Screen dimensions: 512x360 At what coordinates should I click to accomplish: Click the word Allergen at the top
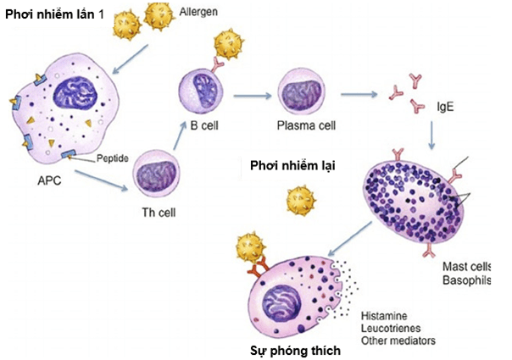pos(198,12)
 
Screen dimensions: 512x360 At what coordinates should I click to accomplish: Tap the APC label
pos(49,180)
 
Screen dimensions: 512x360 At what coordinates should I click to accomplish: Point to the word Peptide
pos(113,158)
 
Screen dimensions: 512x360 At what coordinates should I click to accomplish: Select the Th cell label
pos(159,213)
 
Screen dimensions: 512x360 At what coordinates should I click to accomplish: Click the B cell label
pos(204,125)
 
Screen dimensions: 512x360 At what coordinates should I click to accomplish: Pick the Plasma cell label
pos(306,125)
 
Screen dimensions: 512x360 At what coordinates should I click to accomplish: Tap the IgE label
pos(445,107)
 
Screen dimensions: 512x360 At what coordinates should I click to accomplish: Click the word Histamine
pos(384,316)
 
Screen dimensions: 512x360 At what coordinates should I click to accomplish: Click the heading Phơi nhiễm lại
pos(292,166)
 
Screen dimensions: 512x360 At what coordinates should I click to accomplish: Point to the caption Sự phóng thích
pos(295,351)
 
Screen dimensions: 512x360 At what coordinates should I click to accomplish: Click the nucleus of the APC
pos(75,92)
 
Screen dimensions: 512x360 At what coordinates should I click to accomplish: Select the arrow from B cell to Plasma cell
pos(253,96)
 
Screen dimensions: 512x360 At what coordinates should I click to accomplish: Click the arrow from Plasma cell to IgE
pos(359,95)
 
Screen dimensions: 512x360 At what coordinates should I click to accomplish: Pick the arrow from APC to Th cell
pos(101,180)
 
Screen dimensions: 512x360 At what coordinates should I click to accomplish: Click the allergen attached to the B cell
pos(229,44)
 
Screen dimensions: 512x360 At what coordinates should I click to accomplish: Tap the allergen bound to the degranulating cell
pos(250,247)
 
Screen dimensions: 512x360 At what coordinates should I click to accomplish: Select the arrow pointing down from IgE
pos(431,136)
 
